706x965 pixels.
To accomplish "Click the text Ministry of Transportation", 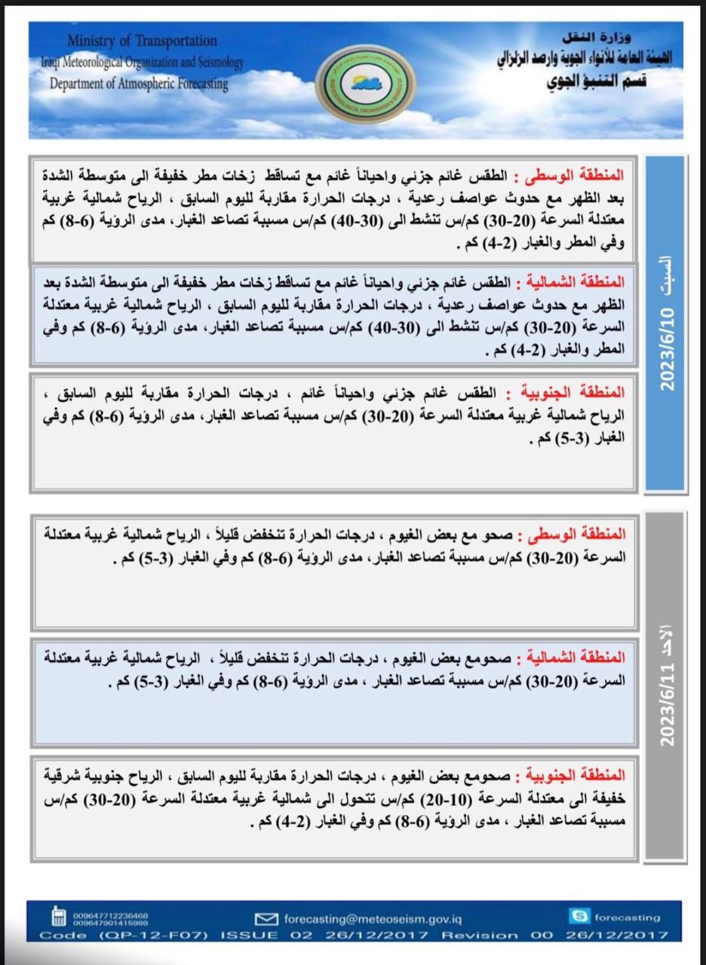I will click(x=142, y=41).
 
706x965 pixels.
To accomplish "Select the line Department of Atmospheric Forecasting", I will click(x=139, y=84).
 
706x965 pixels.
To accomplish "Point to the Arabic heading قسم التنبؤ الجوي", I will click(x=597, y=81).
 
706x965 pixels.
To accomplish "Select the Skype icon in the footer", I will click(x=579, y=917).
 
